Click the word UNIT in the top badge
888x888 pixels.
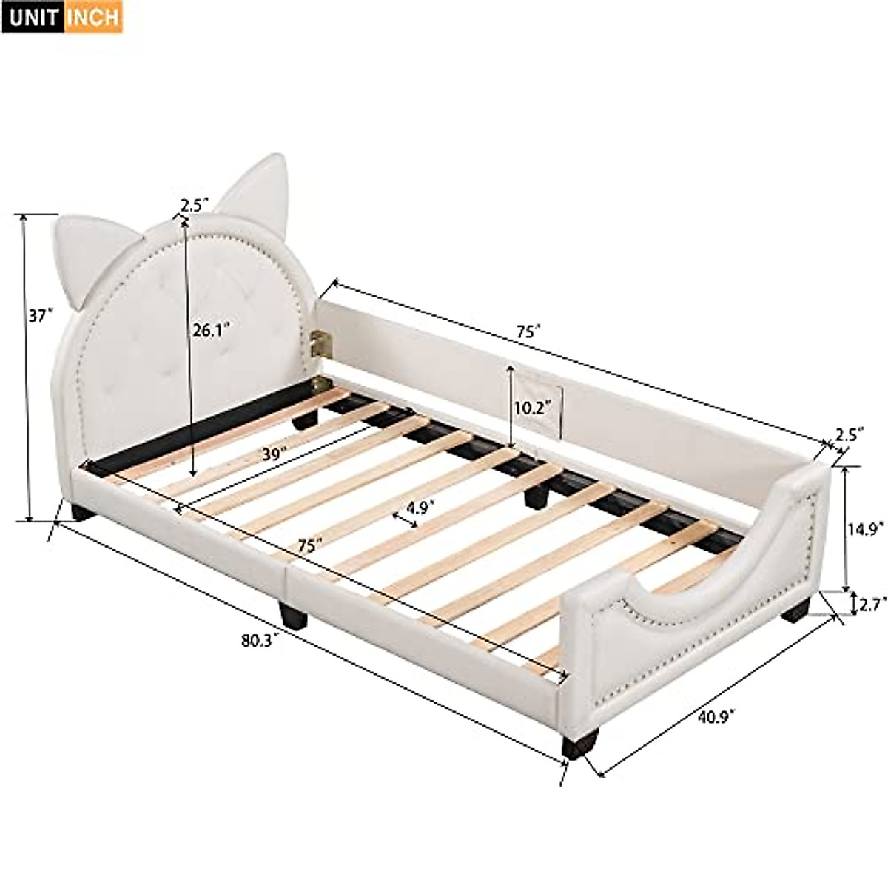32,16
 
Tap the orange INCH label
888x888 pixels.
92,16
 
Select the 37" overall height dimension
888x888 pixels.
41,316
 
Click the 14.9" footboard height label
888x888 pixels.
864,528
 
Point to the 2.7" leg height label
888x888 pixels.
868,606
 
